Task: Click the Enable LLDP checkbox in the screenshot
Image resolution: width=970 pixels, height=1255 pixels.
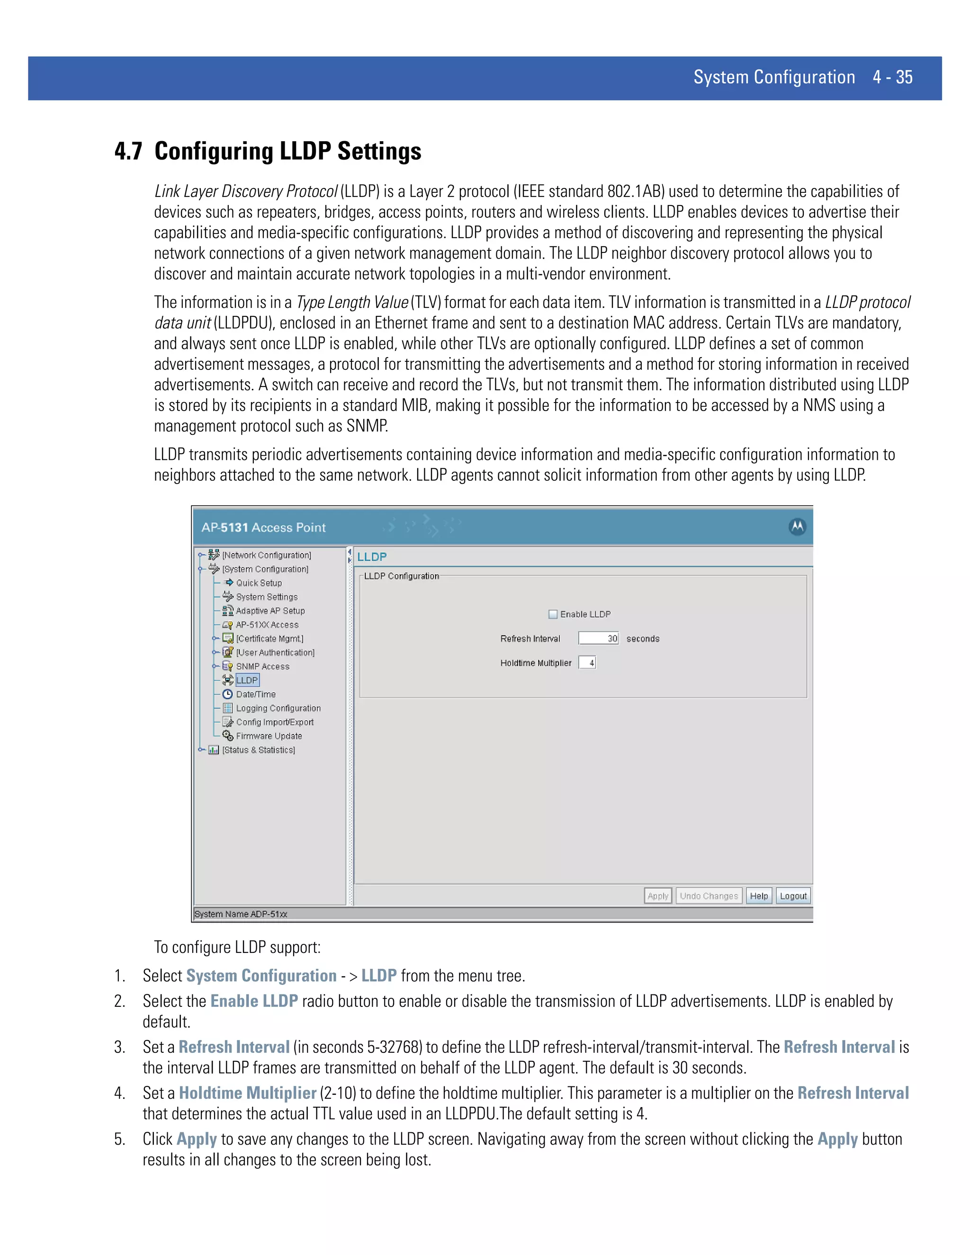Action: [553, 614]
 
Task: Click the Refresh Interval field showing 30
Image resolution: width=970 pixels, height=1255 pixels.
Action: [598, 638]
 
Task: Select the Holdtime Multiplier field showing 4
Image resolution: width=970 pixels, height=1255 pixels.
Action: [587, 663]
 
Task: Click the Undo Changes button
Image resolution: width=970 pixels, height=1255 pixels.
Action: [709, 896]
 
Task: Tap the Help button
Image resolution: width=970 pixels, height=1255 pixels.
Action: [759, 896]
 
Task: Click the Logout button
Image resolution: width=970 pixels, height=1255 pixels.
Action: [793, 896]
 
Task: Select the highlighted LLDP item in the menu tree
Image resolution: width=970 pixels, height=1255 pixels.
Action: [247, 681]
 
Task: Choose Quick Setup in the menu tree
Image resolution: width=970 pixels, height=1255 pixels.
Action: [259, 583]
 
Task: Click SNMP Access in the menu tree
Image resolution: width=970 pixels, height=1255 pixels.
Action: [262, 667]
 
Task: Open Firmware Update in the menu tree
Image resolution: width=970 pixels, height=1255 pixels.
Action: [269, 736]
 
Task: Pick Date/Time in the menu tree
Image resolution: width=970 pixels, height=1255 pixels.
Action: [256, 694]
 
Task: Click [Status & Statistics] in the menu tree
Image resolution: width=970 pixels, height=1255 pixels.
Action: [259, 750]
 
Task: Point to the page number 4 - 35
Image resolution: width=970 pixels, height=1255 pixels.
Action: [892, 78]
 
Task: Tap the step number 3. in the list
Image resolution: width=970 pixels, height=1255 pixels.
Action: [119, 1048]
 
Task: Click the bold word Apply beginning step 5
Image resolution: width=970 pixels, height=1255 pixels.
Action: [197, 1139]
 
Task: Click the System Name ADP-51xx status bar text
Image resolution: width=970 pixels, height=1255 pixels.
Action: [241, 914]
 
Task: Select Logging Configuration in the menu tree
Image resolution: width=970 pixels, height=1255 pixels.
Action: [278, 708]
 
